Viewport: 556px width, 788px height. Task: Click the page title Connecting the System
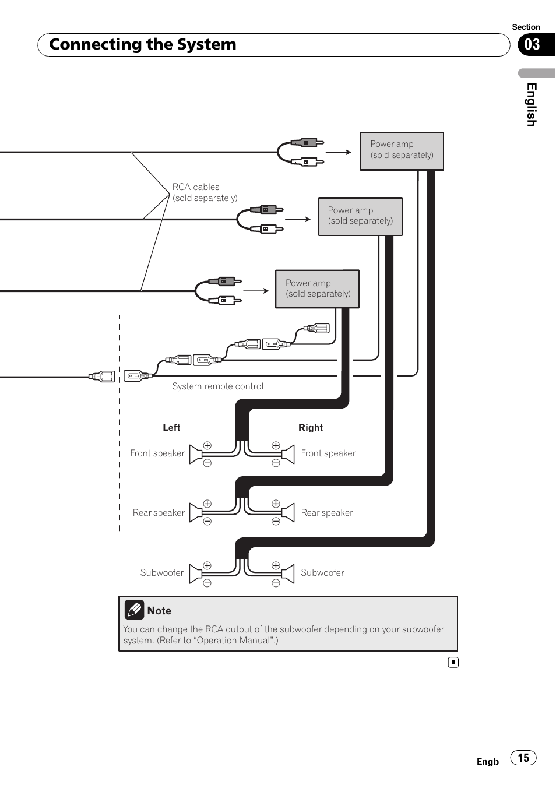pyautogui.click(x=143, y=45)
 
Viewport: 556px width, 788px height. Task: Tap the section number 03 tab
pyautogui.click(x=533, y=45)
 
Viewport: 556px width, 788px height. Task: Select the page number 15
pyautogui.click(x=523, y=758)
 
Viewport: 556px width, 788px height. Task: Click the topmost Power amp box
pyautogui.click(x=402, y=151)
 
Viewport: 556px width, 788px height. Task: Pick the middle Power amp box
pyautogui.click(x=360, y=216)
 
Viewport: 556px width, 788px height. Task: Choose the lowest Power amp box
pyautogui.click(x=317, y=289)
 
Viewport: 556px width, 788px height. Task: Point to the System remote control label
pyautogui.click(x=217, y=386)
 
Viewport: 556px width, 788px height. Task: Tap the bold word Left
pyautogui.click(x=171, y=428)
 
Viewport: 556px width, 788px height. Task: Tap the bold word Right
pyautogui.click(x=310, y=428)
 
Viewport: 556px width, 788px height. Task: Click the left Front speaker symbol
pyautogui.click(x=196, y=454)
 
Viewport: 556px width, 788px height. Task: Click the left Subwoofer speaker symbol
pyautogui.click(x=196, y=574)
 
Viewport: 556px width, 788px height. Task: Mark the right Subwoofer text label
pyautogui.click(x=322, y=573)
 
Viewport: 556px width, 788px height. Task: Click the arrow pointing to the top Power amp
pyautogui.click(x=339, y=152)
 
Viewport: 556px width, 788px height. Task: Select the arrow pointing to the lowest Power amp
pyautogui.click(x=256, y=290)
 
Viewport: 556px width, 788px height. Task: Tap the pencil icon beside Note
pyautogui.click(x=134, y=610)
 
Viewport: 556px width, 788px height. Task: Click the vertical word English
pyautogui.click(x=531, y=104)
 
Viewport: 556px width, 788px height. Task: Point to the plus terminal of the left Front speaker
pyautogui.click(x=207, y=445)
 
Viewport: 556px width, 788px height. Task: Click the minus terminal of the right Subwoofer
pyautogui.click(x=276, y=583)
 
